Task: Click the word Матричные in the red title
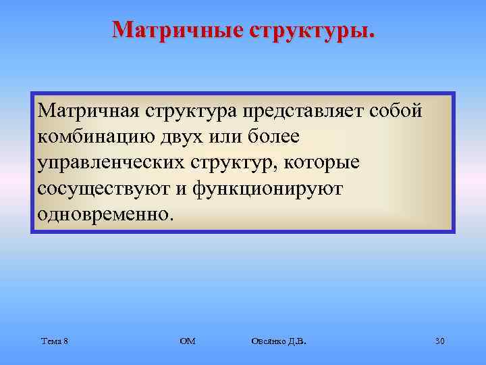(x=174, y=30)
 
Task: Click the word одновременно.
(x=105, y=216)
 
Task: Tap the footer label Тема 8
(x=53, y=341)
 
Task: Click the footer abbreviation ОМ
(x=187, y=341)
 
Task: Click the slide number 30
(x=439, y=341)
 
